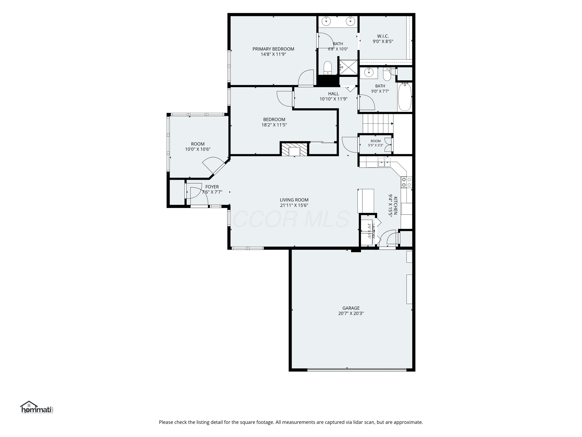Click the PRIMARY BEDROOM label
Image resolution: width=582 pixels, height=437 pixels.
tap(273, 49)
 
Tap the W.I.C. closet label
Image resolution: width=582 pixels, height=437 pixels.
tap(383, 36)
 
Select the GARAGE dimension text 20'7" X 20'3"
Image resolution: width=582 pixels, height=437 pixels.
tap(351, 313)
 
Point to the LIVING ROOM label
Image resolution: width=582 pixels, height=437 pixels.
tap(294, 200)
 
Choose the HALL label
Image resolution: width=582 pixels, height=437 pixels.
tap(333, 94)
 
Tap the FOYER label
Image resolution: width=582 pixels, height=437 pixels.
tap(212, 187)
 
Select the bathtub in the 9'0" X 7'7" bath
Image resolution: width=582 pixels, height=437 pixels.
tap(405, 97)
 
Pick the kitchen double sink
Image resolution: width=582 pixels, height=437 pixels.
tap(384, 163)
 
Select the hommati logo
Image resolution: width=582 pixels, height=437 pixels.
tap(37, 407)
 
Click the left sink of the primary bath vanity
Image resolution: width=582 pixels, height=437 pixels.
tap(326, 21)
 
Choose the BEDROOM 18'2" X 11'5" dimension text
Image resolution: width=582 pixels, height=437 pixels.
tap(274, 125)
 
